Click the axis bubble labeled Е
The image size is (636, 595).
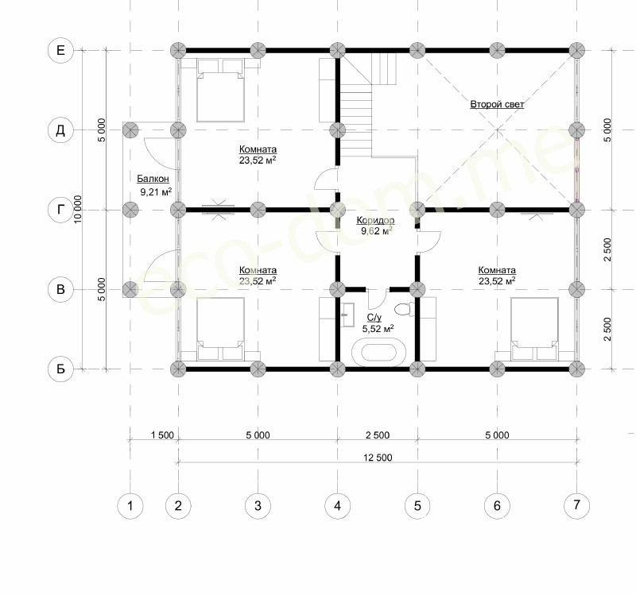[x=60, y=50]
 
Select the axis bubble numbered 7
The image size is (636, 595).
[x=576, y=505]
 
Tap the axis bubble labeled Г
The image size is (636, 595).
[x=60, y=210]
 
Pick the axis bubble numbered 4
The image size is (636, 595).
[x=337, y=505]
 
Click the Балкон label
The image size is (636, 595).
[x=153, y=179]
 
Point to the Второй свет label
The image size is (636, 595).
[x=497, y=104]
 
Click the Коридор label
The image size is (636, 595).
[x=375, y=221]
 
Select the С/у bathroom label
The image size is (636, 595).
[x=374, y=318]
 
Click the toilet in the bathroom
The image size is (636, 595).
[x=403, y=309]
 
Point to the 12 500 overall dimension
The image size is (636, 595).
[x=378, y=458]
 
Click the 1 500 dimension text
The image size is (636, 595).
[x=162, y=435]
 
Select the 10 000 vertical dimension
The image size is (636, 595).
[x=78, y=209]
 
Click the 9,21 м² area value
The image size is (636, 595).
[x=156, y=191]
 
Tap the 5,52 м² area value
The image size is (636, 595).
[x=378, y=328]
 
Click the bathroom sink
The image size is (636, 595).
[x=347, y=314]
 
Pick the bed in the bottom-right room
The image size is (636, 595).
[x=534, y=329]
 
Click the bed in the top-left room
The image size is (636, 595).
[x=220, y=90]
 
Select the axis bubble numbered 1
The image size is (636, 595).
[x=130, y=505]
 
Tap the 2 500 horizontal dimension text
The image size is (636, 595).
[x=377, y=435]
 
